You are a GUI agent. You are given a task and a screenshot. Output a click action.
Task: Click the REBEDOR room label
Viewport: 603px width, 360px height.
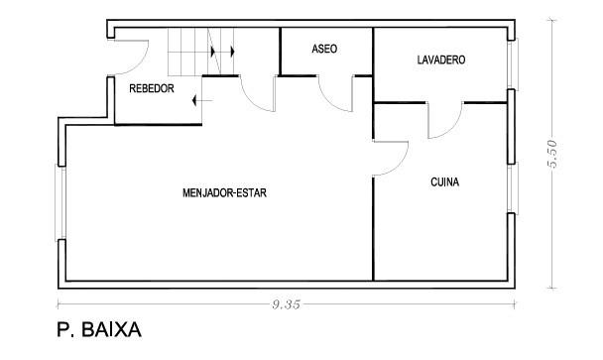(x=152, y=88)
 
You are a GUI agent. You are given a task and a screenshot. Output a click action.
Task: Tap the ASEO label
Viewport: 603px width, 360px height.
(x=324, y=49)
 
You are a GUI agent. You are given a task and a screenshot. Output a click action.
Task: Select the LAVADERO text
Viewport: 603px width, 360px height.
(x=441, y=60)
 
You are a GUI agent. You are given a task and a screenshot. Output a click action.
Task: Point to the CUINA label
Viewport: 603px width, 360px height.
(x=445, y=181)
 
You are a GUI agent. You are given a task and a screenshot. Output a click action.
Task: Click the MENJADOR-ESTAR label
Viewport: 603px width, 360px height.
(x=224, y=192)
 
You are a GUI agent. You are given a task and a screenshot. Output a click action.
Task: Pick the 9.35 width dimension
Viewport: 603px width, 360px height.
(x=286, y=304)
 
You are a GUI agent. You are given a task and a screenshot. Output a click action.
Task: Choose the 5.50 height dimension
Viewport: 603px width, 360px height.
(x=551, y=155)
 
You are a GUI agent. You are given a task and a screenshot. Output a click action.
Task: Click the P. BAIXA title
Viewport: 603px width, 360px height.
(x=99, y=329)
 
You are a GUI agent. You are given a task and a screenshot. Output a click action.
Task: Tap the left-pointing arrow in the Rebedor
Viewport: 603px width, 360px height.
(x=202, y=101)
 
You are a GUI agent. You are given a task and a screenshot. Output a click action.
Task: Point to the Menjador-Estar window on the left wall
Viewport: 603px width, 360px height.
(x=60, y=202)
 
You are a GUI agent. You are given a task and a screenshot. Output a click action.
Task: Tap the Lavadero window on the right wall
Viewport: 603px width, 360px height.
(x=512, y=64)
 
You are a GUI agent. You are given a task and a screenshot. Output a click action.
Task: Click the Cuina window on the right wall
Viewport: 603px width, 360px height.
(x=512, y=188)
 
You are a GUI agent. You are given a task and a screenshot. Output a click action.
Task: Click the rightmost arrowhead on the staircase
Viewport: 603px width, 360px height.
(x=232, y=52)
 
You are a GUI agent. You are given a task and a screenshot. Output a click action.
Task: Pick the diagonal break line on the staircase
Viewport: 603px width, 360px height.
(x=214, y=52)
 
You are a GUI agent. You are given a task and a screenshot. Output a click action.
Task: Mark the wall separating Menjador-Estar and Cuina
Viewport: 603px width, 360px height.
(x=373, y=228)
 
